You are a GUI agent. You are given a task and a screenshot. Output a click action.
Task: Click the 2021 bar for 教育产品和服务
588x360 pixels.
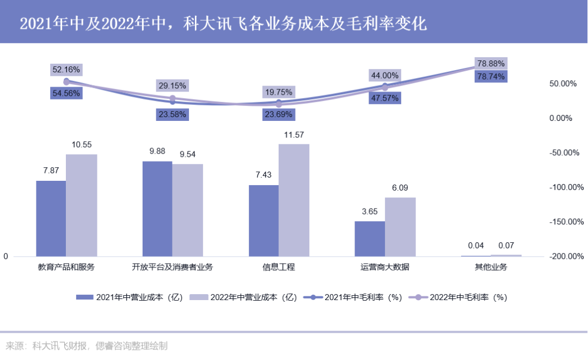pos(51,218)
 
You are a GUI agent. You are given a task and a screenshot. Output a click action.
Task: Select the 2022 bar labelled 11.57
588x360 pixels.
pos(294,200)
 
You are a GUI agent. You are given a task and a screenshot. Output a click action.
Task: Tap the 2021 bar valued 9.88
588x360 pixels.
pos(157,209)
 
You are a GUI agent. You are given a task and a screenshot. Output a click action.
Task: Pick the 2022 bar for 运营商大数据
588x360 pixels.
pos(400,227)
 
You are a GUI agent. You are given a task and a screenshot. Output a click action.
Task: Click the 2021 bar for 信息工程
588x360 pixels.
pos(264,221)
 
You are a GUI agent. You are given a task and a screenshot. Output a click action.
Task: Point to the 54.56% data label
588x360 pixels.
pos(66,93)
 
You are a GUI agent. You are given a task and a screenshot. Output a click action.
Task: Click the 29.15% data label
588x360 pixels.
pos(173,86)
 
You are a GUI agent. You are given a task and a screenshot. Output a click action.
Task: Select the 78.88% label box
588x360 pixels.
pos(491,63)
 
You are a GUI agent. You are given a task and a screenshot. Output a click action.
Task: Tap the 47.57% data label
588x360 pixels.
pos(384,98)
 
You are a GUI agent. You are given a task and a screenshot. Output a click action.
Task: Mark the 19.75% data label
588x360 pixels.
pos(279,92)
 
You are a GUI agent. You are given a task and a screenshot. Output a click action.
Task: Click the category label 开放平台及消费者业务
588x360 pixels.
pos(173,267)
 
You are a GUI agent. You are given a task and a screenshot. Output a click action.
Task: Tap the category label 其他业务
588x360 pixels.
pos(491,267)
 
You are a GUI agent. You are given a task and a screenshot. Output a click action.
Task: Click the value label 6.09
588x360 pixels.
pos(400,188)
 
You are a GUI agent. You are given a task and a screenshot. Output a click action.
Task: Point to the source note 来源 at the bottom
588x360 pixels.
pos(87,346)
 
